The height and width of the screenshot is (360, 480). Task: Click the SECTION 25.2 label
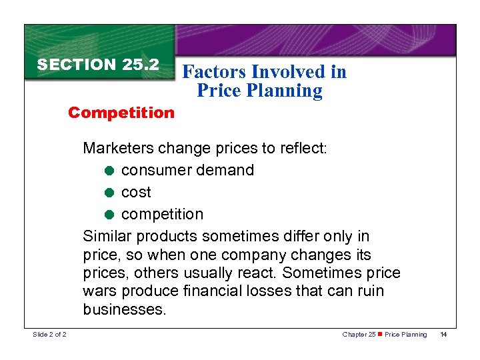[98, 65]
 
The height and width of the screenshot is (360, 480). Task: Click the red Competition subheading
[121, 112]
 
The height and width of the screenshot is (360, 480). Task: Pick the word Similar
[107, 236]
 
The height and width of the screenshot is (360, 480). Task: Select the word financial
[218, 292]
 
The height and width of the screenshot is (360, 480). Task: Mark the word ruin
[370, 292]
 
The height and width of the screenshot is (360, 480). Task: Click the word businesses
[124, 310]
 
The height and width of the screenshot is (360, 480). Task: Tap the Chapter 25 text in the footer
[358, 334]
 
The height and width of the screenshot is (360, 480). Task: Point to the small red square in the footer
[380, 334]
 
